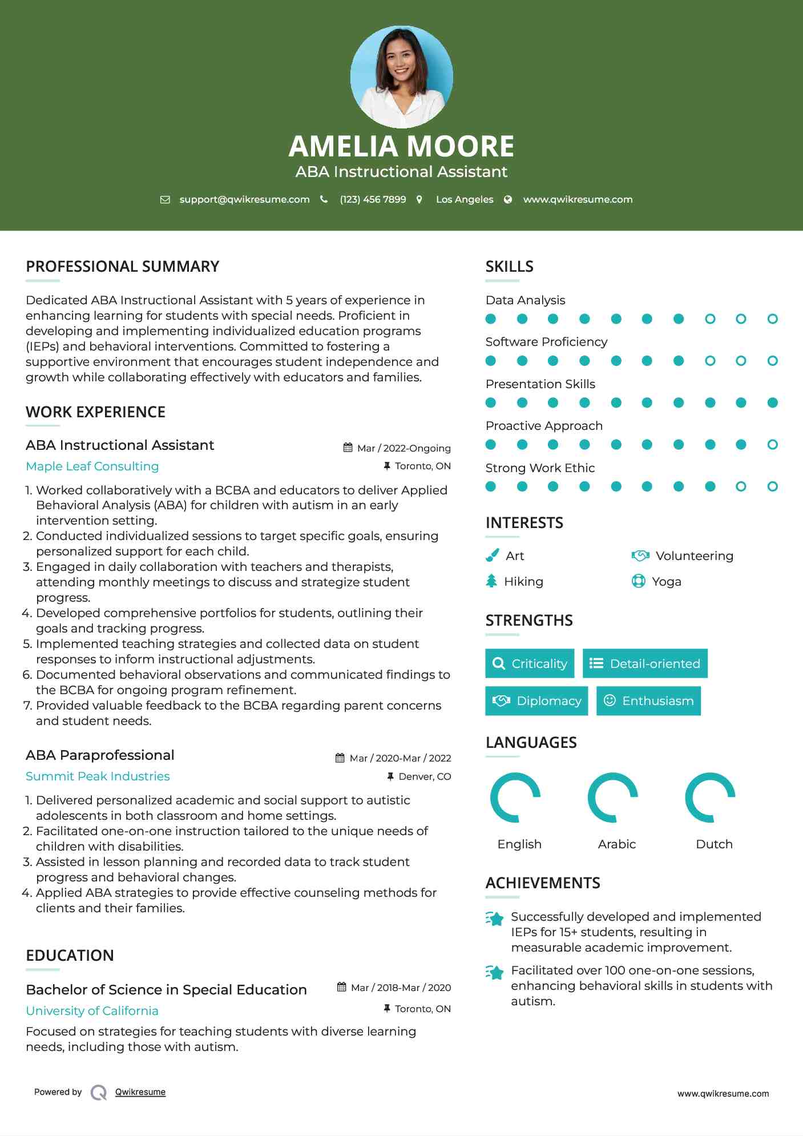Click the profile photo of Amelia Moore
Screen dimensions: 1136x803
click(401, 76)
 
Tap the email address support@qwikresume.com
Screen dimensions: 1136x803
click(244, 200)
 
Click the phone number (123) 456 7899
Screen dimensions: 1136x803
click(373, 200)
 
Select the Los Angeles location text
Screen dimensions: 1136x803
click(464, 200)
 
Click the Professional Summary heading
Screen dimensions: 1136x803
click(122, 267)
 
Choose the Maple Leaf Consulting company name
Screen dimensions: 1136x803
click(92, 466)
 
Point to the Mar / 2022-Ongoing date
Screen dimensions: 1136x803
click(403, 449)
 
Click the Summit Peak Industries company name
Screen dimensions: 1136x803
click(98, 776)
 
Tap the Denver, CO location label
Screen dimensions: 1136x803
click(424, 777)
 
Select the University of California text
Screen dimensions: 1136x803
click(92, 1011)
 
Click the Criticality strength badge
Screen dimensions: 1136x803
click(530, 663)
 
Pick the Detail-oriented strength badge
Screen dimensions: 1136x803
click(645, 663)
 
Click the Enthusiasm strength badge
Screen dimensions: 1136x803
click(648, 701)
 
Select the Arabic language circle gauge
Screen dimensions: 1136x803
click(612, 797)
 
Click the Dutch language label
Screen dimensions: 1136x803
click(714, 844)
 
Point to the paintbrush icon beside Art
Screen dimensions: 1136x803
click(492, 555)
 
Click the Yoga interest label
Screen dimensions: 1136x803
click(666, 582)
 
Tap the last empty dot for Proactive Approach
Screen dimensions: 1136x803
click(772, 445)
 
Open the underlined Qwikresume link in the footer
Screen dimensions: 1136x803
click(140, 1092)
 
